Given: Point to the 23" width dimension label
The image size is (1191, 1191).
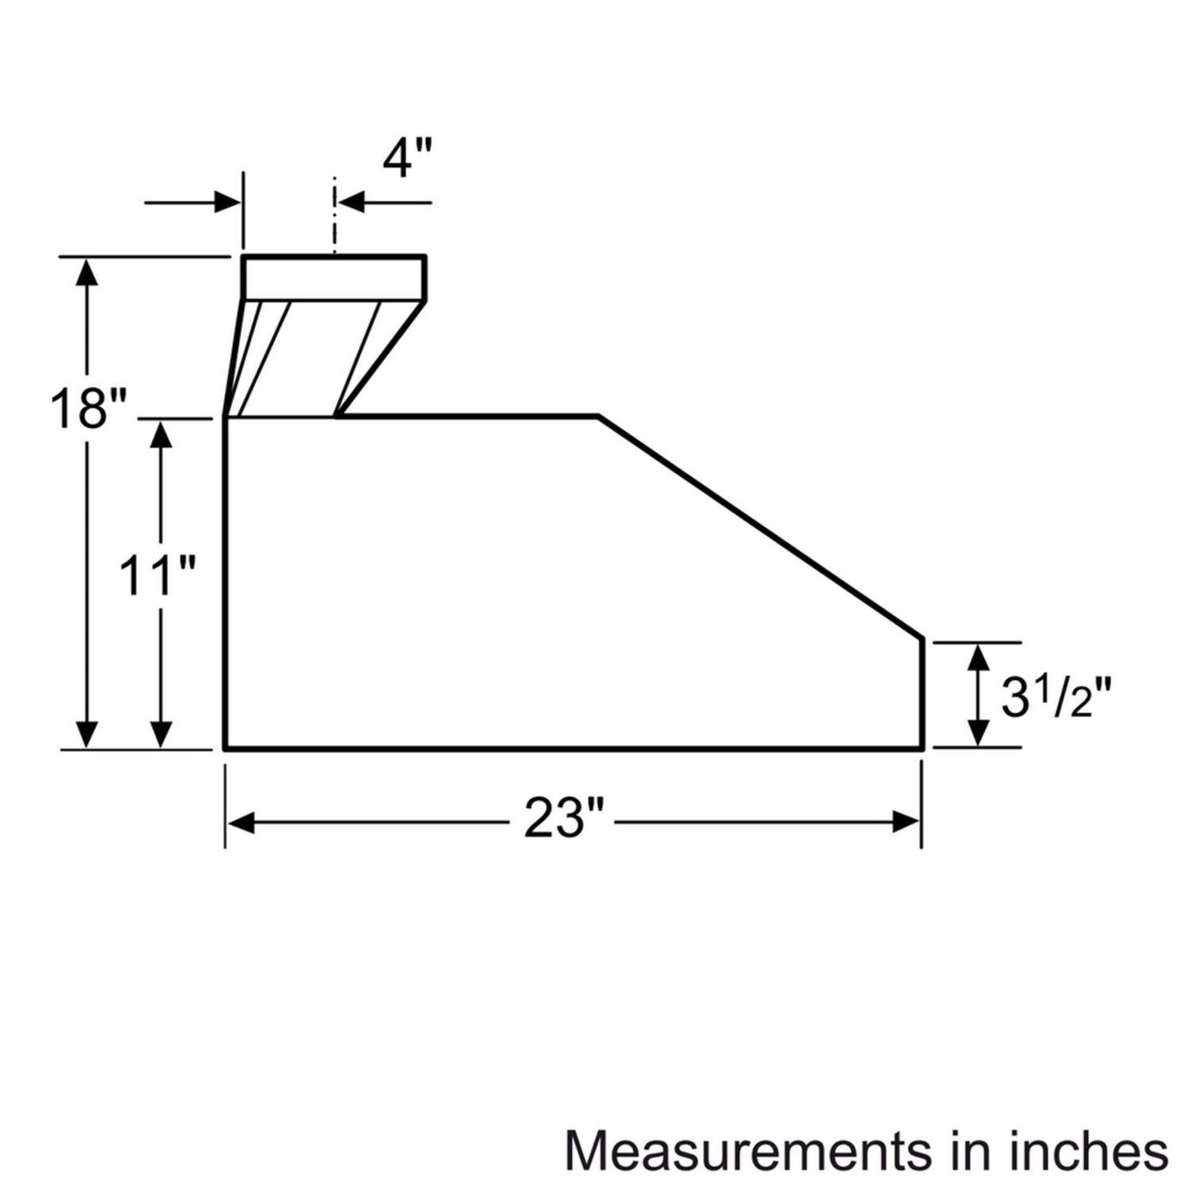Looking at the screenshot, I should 564,821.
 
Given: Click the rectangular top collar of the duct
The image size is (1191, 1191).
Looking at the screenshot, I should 334,279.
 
